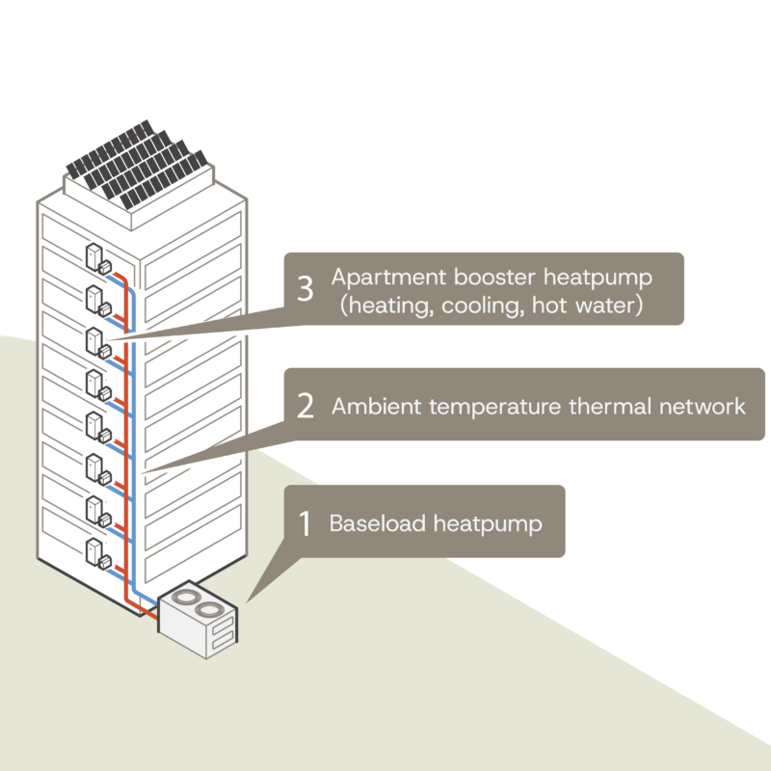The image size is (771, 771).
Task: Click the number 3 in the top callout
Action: pyautogui.click(x=305, y=289)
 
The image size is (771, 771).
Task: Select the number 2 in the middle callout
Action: pyautogui.click(x=306, y=406)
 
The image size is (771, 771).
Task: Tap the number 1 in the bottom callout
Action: pyautogui.click(x=305, y=524)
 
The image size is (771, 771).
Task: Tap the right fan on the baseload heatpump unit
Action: pyautogui.click(x=208, y=610)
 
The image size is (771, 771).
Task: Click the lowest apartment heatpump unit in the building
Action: pyautogui.click(x=97, y=553)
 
